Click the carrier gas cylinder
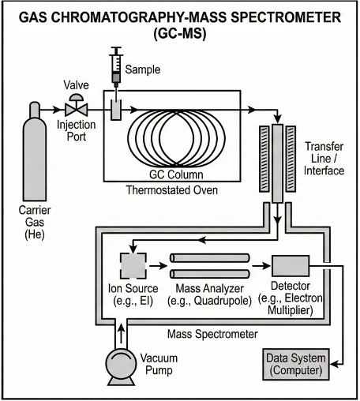click(35, 152)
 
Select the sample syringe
click(116, 69)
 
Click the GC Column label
click(176, 174)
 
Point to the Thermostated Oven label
click(172, 190)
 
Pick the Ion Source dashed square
click(133, 266)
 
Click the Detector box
click(291, 266)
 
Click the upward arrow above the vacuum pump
click(121, 332)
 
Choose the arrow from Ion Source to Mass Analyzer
click(158, 266)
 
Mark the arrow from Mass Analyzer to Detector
click(261, 266)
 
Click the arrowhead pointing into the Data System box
click(334, 365)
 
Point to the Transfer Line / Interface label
click(324, 159)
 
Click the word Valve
click(77, 85)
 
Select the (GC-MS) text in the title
click(180, 34)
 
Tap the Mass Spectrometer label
click(212, 334)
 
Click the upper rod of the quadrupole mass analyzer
click(210, 258)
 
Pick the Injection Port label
click(77, 130)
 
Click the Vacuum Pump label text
click(159, 364)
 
